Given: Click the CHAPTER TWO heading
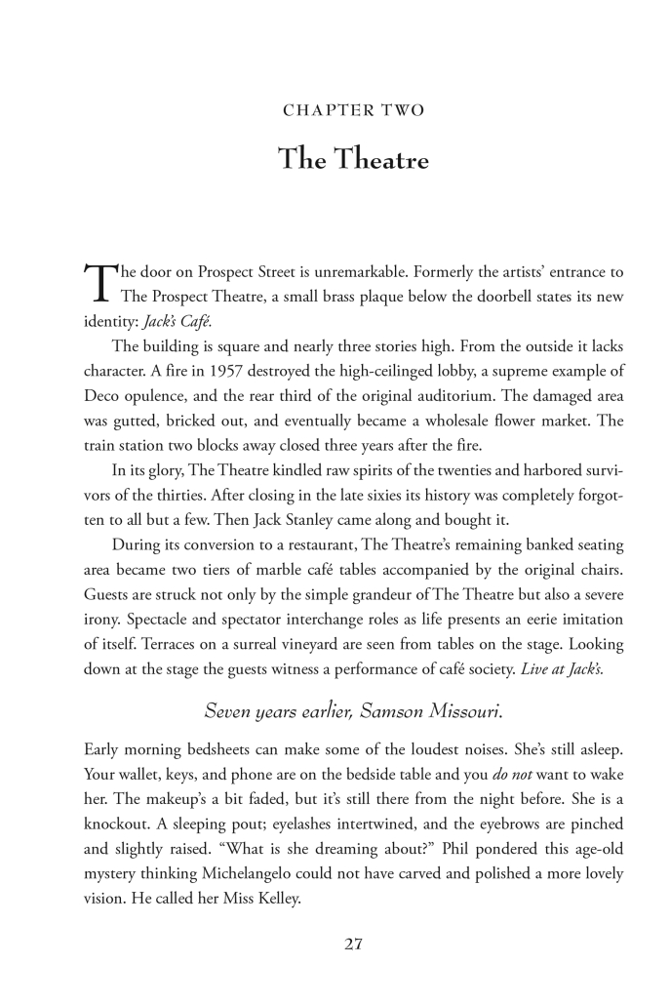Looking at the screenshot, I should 353,111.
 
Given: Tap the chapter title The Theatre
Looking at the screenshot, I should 353,158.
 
